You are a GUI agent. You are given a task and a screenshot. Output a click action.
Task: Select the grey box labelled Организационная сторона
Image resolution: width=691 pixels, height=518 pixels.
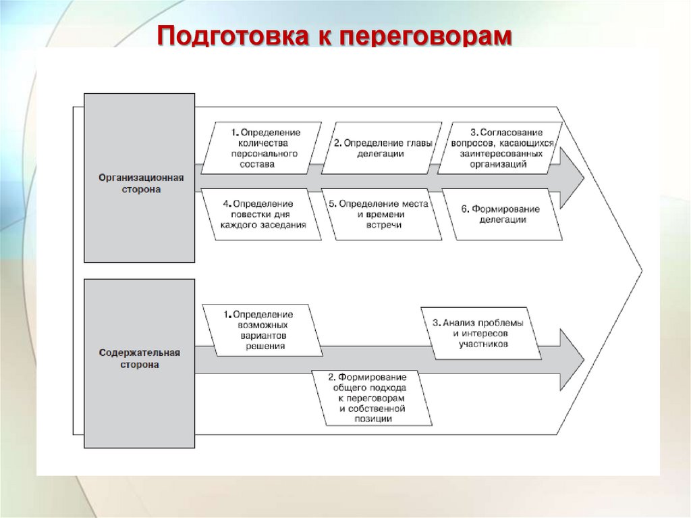(140, 178)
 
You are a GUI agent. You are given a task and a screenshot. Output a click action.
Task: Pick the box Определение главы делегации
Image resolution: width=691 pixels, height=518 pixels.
(381, 148)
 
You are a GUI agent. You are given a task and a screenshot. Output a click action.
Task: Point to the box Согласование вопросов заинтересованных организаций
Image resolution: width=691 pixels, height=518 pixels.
(501, 148)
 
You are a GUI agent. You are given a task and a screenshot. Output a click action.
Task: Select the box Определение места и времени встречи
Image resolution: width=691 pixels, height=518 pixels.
(382, 215)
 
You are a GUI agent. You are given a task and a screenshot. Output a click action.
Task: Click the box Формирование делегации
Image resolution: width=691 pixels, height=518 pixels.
(501, 215)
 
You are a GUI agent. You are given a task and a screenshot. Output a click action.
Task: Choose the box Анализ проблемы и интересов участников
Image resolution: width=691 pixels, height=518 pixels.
(480, 334)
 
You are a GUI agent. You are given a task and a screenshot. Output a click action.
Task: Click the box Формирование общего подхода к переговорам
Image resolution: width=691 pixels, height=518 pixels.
(372, 398)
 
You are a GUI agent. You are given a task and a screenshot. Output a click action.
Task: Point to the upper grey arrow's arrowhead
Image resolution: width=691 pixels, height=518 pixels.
(572, 178)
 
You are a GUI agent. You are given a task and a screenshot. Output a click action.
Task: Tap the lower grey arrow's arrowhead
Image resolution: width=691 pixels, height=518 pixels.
(572, 359)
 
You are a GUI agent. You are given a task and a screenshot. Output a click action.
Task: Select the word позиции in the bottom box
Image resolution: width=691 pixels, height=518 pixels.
(372, 419)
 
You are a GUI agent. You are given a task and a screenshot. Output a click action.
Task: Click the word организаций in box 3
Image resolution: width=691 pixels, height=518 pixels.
(499, 163)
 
